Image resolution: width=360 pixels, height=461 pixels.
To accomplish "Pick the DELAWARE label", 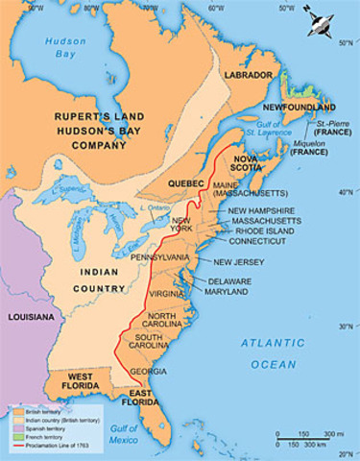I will tap(228, 280).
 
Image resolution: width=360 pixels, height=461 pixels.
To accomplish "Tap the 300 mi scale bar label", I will tap(331, 435).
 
